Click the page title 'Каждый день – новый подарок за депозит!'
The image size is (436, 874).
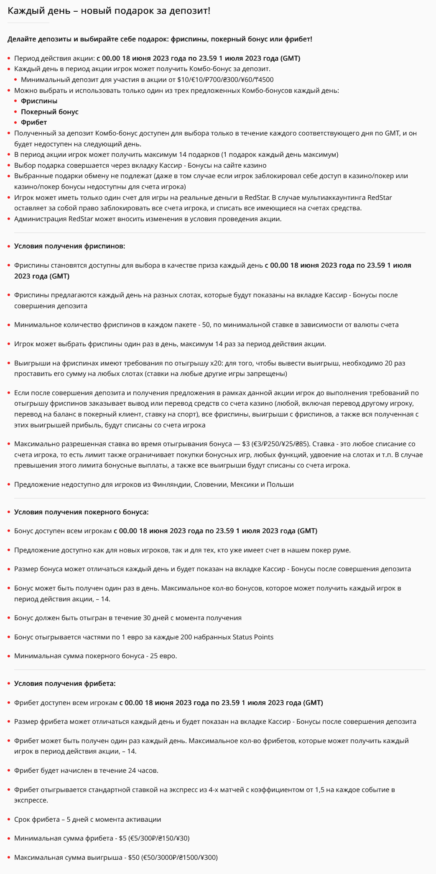point(109,11)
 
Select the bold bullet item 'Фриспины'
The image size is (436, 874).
point(39,101)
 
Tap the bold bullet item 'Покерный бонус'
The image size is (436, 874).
point(49,112)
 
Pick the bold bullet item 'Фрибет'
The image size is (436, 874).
point(33,123)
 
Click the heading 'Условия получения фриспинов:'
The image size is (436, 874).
point(69,246)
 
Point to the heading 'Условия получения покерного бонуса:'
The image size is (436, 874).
point(81,512)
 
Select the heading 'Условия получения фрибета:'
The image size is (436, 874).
point(65,684)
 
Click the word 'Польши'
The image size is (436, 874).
point(280,485)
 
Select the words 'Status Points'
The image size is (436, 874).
point(252,637)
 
